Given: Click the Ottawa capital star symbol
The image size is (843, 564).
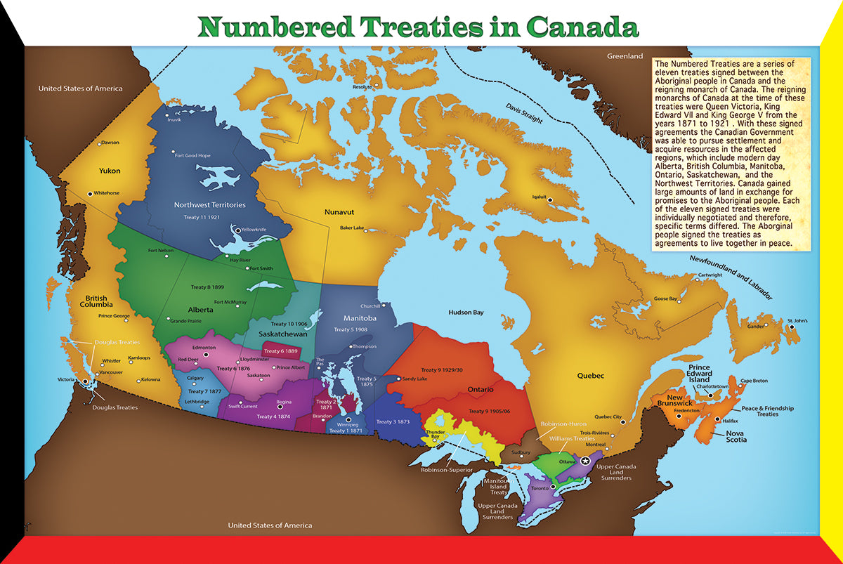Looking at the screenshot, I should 585,459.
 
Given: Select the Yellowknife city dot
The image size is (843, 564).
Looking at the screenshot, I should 237,230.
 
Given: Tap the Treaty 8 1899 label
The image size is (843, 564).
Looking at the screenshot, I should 209,287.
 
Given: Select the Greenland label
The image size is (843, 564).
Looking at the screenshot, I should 625,55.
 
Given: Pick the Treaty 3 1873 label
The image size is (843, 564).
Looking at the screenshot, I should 393,421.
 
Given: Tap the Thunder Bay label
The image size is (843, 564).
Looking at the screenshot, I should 435,433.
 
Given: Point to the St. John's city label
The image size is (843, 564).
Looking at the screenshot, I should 797,320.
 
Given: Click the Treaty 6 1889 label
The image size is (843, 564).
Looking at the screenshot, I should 281,351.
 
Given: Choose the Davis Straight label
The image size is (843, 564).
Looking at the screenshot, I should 524,113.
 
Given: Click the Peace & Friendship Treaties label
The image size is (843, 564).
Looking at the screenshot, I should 758,411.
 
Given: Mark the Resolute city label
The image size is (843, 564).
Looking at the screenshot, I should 362,86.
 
